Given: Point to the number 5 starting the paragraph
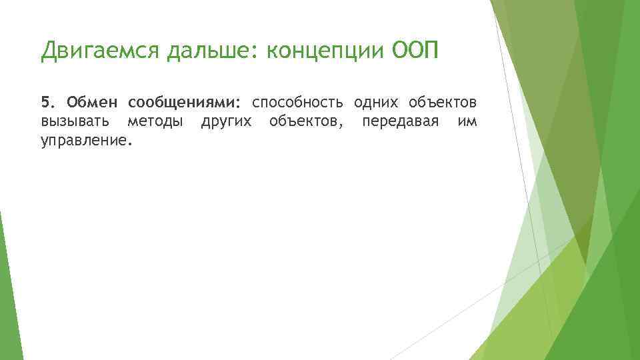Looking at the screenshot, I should point(45,103).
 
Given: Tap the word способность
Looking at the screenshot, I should point(297,104).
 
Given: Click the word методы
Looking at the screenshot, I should point(155,122).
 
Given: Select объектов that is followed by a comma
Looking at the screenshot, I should point(301,122).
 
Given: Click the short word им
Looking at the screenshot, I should point(467,122).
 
